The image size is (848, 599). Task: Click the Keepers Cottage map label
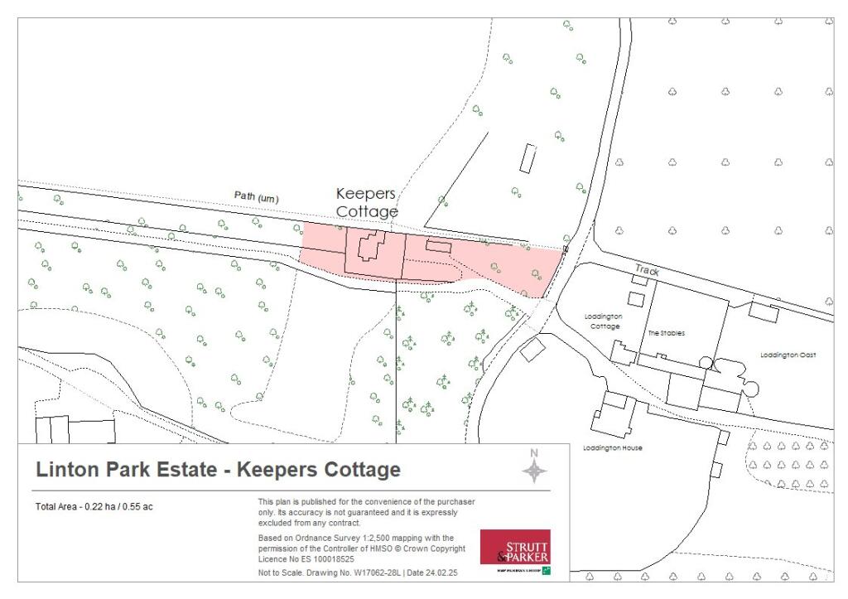(x=366, y=202)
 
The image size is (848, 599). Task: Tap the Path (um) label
(x=257, y=198)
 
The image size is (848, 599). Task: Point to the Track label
(x=646, y=269)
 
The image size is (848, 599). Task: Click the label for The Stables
(x=666, y=333)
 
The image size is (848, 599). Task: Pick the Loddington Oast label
(x=788, y=355)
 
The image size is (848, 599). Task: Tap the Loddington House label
(x=612, y=448)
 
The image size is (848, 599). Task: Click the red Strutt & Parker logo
(x=514, y=548)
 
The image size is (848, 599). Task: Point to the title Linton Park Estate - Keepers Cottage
(x=218, y=471)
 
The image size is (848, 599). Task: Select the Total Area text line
(x=94, y=507)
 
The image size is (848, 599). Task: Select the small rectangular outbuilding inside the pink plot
(x=438, y=246)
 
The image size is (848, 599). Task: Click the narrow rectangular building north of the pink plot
(x=528, y=157)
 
